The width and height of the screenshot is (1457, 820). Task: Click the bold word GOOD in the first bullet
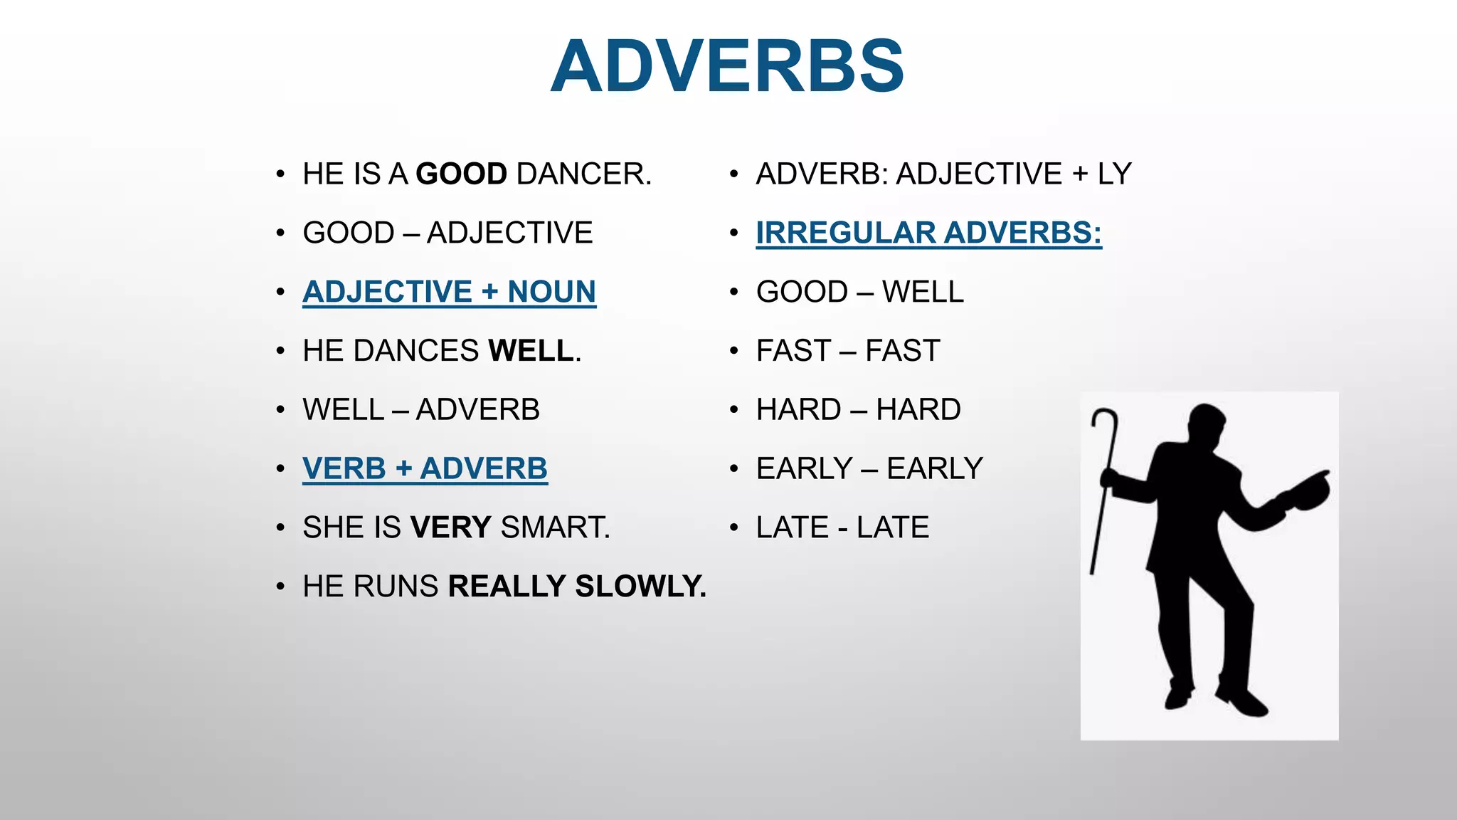[461, 174]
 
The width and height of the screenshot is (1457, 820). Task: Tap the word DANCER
[583, 174]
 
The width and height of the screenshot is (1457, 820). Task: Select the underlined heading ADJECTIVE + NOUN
[449, 292]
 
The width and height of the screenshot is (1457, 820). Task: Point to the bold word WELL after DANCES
[531, 351]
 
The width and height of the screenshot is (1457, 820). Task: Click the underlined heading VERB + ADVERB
[425, 469]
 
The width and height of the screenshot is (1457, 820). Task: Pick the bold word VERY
[450, 528]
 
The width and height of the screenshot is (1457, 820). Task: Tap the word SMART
[555, 528]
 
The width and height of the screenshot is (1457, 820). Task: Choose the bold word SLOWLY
[640, 587]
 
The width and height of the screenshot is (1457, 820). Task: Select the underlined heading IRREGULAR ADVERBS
[928, 233]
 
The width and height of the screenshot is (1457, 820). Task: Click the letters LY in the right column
[1114, 174]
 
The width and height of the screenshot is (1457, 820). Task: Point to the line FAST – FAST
[848, 351]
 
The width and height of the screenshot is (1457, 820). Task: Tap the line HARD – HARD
[858, 410]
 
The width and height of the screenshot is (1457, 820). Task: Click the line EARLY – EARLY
[869, 469]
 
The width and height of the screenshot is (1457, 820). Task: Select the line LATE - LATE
[842, 528]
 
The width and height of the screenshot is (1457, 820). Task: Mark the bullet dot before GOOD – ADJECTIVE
[281, 233]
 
